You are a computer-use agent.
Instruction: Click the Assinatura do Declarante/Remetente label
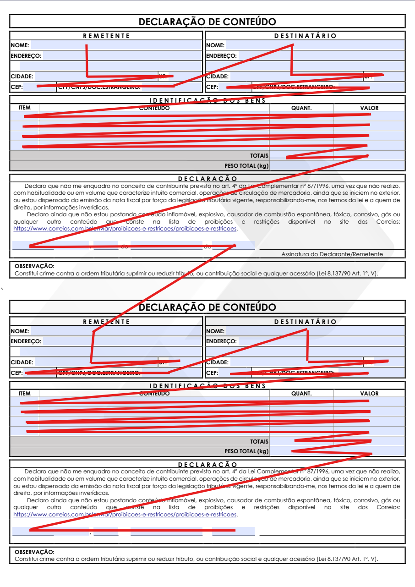tap(332, 254)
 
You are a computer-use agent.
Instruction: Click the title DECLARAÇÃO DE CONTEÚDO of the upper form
tap(207, 22)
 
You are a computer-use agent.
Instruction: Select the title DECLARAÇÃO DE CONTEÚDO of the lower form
tap(207, 307)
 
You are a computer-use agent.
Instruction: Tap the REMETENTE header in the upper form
tap(106, 36)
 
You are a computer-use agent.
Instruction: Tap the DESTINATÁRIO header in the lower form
tap(305, 322)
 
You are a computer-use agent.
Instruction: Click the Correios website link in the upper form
tap(125, 229)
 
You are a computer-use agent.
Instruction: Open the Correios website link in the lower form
tap(125, 515)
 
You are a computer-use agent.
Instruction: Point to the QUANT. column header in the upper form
tap(301, 108)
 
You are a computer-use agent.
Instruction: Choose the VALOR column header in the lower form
tap(369, 394)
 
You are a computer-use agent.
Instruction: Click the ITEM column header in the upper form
tap(24, 108)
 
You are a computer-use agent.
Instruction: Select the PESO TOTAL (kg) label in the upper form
tap(246, 166)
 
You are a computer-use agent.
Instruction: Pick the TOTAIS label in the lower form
tap(259, 442)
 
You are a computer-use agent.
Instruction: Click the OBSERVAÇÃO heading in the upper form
tap(34, 266)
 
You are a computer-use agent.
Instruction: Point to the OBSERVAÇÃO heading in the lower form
tap(34, 552)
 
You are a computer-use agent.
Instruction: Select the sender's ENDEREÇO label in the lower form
tap(26, 341)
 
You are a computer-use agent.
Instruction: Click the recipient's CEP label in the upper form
tap(212, 87)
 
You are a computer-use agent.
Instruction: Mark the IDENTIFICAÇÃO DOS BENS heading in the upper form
tap(207, 101)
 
